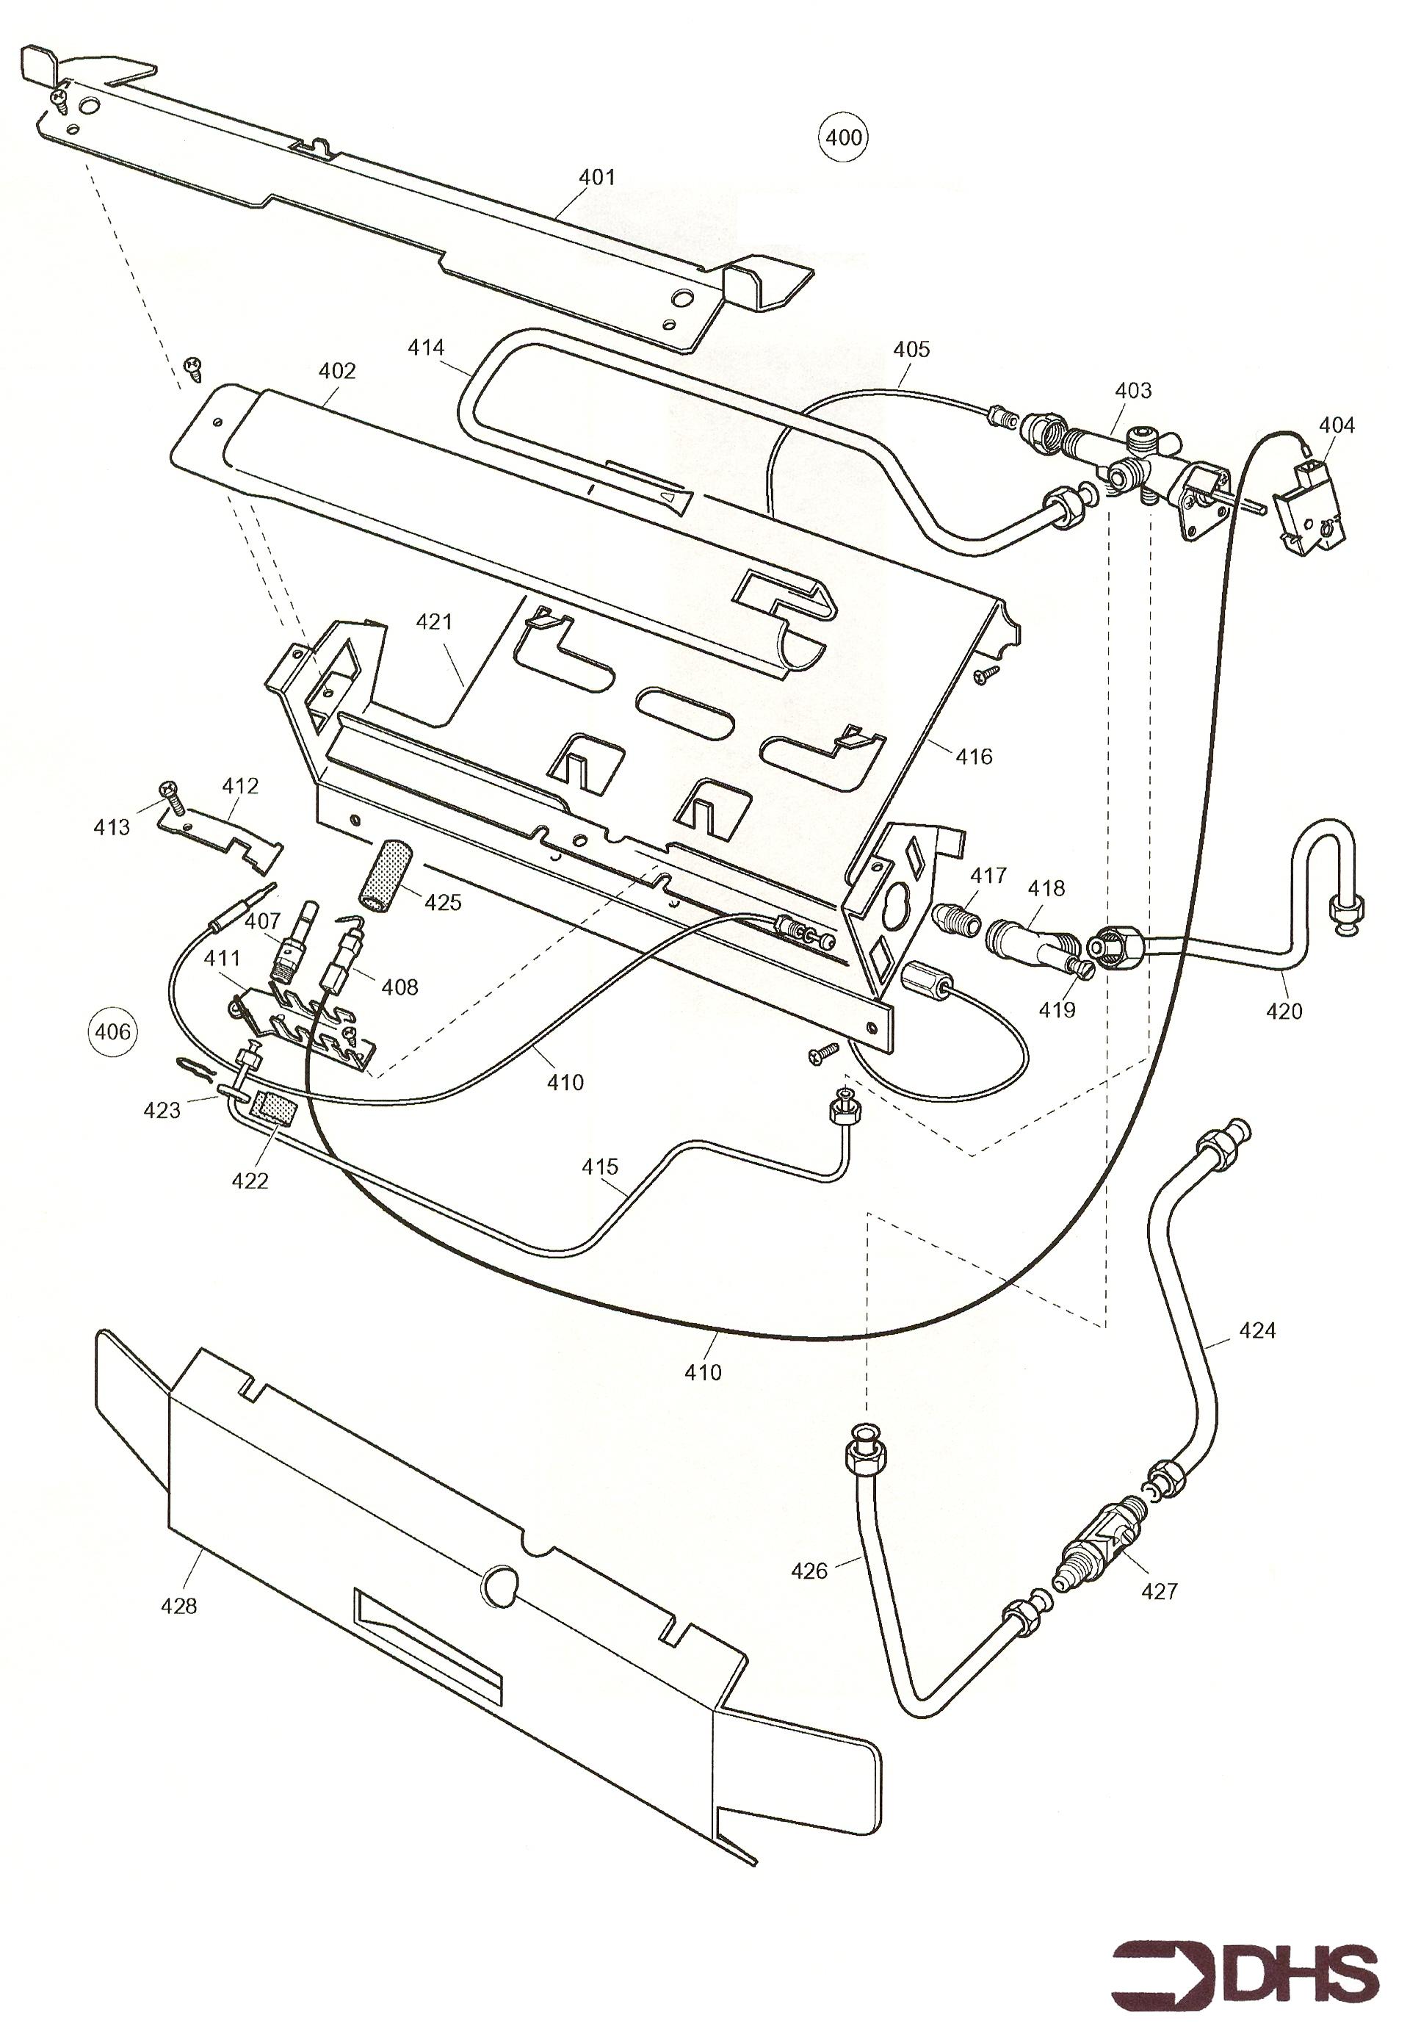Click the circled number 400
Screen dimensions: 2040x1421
tap(843, 137)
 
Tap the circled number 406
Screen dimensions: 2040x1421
tap(113, 1031)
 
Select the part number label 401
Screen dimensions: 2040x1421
tap(597, 178)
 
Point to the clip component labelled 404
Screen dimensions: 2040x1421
tap(1310, 502)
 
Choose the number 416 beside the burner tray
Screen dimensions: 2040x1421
tap(975, 757)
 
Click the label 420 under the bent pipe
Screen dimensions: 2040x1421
tap(1284, 1011)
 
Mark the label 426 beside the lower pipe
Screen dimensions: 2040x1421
tap(809, 1571)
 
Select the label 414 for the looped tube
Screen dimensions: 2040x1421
tap(426, 347)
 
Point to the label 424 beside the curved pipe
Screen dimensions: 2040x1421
tap(1257, 1330)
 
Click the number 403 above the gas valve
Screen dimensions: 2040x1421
tap(1133, 390)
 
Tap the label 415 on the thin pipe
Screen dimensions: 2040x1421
tap(601, 1167)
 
